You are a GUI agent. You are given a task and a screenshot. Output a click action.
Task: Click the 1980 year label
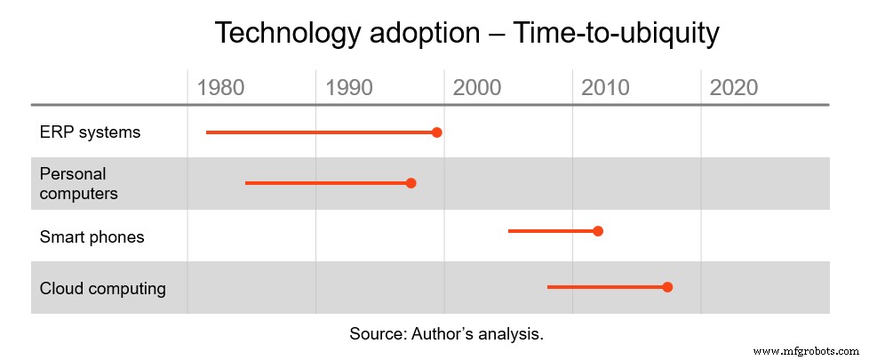point(220,87)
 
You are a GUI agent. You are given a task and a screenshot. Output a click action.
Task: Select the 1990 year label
point(349,87)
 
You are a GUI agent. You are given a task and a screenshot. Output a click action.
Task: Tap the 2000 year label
point(477,87)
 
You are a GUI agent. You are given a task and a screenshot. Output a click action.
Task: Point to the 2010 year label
point(605,87)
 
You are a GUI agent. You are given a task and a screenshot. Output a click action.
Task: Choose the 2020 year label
point(734,87)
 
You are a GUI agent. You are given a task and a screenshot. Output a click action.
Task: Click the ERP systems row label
point(90,132)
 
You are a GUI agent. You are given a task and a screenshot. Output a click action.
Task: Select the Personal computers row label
point(79,183)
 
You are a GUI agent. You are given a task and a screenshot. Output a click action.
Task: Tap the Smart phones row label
point(92,236)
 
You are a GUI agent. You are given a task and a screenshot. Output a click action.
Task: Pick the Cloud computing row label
point(102,288)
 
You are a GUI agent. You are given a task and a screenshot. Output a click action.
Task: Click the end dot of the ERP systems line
point(436,132)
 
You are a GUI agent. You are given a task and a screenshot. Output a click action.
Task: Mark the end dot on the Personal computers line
point(411,183)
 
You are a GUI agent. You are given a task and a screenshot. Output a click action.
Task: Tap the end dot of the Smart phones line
point(598,231)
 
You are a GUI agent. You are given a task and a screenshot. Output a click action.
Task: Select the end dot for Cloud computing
point(667,287)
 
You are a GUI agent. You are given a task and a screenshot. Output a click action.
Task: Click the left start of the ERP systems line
point(208,132)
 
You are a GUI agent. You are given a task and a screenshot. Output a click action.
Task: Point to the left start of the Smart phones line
point(510,231)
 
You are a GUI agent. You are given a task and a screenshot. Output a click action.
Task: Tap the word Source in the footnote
point(377,334)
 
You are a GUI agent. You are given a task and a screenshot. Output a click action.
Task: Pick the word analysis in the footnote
point(509,334)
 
